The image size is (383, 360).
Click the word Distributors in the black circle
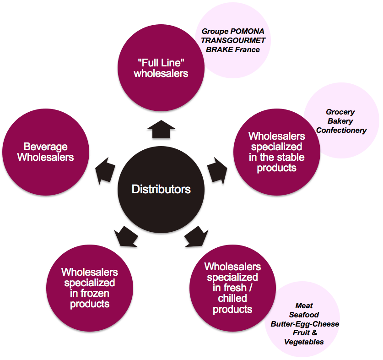[161, 189]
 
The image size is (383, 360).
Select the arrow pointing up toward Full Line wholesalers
[161, 130]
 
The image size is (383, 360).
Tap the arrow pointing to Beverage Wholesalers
[107, 169]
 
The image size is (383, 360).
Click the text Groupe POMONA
[233, 32]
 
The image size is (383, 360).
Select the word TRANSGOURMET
[233, 40]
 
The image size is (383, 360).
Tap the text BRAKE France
[233, 49]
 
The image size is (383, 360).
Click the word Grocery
[340, 112]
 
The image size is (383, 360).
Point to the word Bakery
[340, 121]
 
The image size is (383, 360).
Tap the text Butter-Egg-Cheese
[305, 324]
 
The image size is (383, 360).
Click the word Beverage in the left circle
[45, 147]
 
